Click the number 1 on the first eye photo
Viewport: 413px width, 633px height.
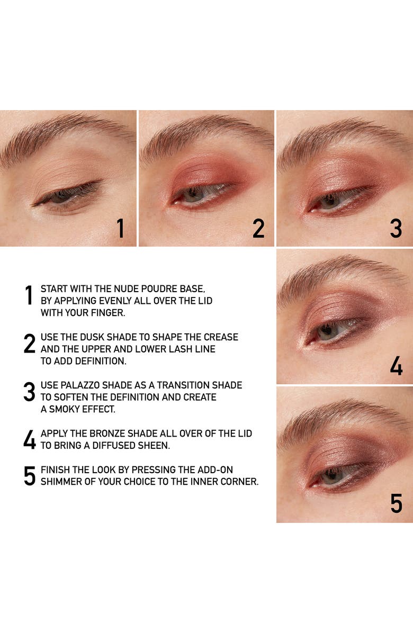pyautogui.click(x=120, y=228)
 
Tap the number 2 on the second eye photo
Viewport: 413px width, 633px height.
pyautogui.click(x=258, y=228)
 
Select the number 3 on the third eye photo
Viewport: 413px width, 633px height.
pyautogui.click(x=396, y=228)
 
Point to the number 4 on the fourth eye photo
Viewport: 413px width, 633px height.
pyautogui.click(x=396, y=366)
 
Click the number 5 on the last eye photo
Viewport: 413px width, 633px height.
pyautogui.click(x=396, y=503)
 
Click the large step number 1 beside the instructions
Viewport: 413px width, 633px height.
pyautogui.click(x=29, y=295)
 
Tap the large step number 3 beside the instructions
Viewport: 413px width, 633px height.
pyautogui.click(x=29, y=392)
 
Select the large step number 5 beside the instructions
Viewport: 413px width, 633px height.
pyautogui.click(x=30, y=476)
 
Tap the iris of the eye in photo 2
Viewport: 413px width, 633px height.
pyautogui.click(x=193, y=195)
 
